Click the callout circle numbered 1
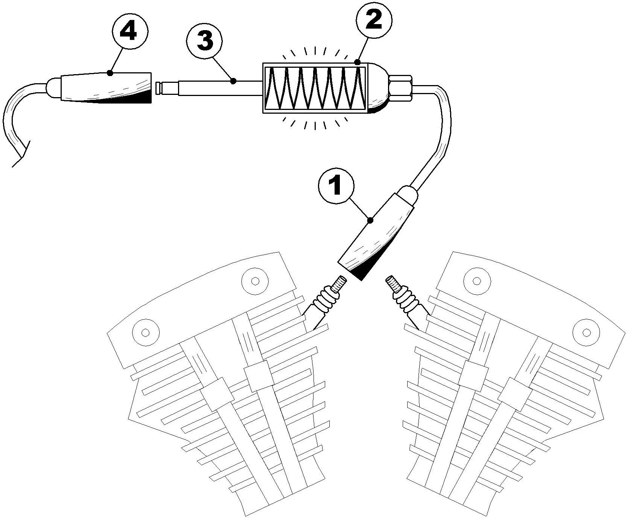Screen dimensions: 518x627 [x=335, y=187]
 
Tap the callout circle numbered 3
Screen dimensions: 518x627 [x=205, y=41]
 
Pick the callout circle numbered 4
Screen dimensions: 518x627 [x=129, y=33]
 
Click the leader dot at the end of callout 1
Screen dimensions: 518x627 [x=370, y=221]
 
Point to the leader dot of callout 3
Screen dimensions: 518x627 [x=233, y=81]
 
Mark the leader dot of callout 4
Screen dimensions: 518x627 [x=110, y=73]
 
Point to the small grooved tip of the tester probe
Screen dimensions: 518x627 [x=161, y=88]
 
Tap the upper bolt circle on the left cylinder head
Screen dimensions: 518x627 [x=255, y=280]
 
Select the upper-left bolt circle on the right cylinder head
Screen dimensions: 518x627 [x=477, y=280]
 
